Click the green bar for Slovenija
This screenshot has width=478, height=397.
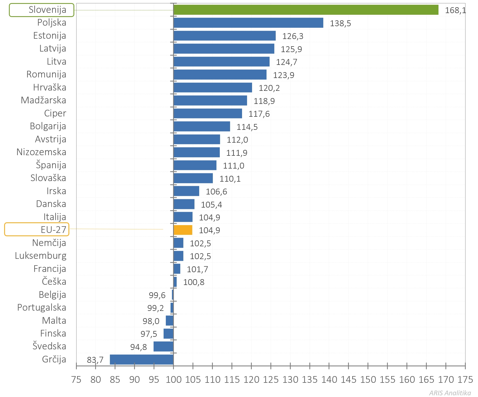click(x=305, y=10)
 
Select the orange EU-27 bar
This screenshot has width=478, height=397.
click(x=183, y=230)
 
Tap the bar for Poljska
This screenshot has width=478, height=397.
click(x=248, y=23)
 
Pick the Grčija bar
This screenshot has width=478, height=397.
click(x=142, y=359)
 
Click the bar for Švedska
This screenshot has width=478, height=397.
click(x=163, y=347)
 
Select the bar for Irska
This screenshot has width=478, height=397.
click(x=186, y=191)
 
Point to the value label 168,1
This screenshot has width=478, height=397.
click(x=455, y=10)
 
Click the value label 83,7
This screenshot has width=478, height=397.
click(x=95, y=360)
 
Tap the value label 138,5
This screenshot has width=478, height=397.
click(x=340, y=23)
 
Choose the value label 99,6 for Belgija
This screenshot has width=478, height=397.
click(x=157, y=295)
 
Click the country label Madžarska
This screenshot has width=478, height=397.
click(x=43, y=100)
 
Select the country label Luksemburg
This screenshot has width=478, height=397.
click(x=41, y=256)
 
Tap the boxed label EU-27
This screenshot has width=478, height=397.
click(x=37, y=230)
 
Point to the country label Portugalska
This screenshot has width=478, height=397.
click(x=42, y=308)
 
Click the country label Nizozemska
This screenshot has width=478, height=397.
click(x=41, y=152)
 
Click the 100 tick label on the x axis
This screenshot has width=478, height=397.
click(x=173, y=379)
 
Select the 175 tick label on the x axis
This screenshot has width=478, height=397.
click(x=465, y=379)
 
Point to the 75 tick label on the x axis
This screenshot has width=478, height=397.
click(x=76, y=379)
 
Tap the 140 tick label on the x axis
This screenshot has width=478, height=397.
click(x=329, y=379)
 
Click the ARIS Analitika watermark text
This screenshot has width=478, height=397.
click(x=450, y=393)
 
